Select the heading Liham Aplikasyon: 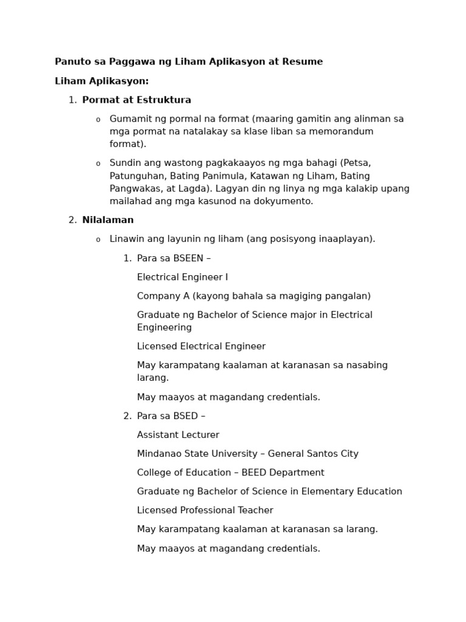pyautogui.click(x=101, y=81)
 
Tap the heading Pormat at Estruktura pyautogui.click(x=137, y=100)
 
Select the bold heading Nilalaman pyautogui.click(x=108, y=220)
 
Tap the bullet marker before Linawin pyautogui.click(x=98, y=240)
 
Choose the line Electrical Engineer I pyautogui.click(x=183, y=278)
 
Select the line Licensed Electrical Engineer pyautogui.click(x=201, y=347)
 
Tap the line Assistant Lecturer pyautogui.click(x=178, y=436)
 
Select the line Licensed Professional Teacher pyautogui.click(x=205, y=511)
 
